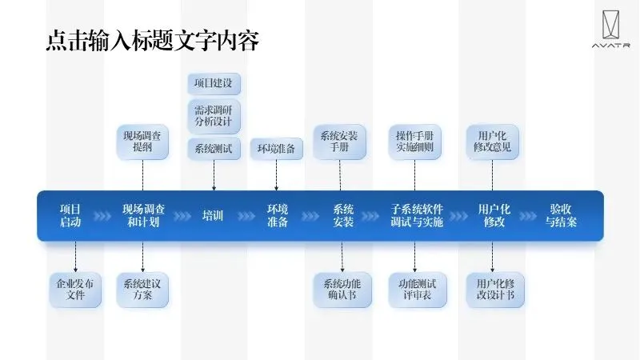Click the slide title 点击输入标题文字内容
point(152,41)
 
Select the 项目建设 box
point(214,84)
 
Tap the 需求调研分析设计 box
point(214,116)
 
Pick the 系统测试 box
point(214,148)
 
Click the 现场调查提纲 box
point(142,141)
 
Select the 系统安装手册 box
point(339,141)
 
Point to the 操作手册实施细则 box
point(414,141)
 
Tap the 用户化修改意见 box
point(492,141)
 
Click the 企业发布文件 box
point(75,290)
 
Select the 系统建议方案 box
point(142,290)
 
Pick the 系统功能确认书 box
point(342,290)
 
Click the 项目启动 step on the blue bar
point(70,216)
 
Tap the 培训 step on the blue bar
point(213,216)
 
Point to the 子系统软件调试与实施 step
point(417,216)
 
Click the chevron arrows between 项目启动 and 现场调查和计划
point(102,216)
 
